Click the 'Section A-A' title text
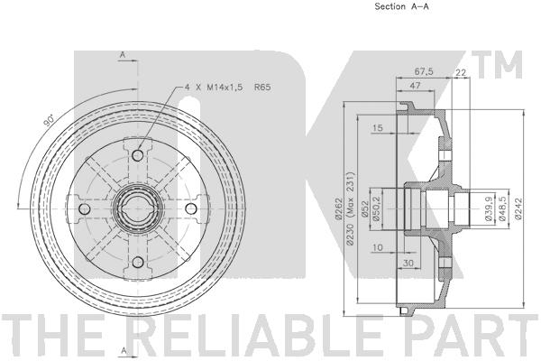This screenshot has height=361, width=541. (401, 6)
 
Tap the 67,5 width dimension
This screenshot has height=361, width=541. (424, 71)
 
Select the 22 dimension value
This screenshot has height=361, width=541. (461, 72)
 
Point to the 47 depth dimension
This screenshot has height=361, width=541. (415, 85)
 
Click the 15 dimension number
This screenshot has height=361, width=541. (378, 128)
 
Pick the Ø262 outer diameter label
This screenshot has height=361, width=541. (338, 208)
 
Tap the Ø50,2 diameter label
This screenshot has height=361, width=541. (376, 209)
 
